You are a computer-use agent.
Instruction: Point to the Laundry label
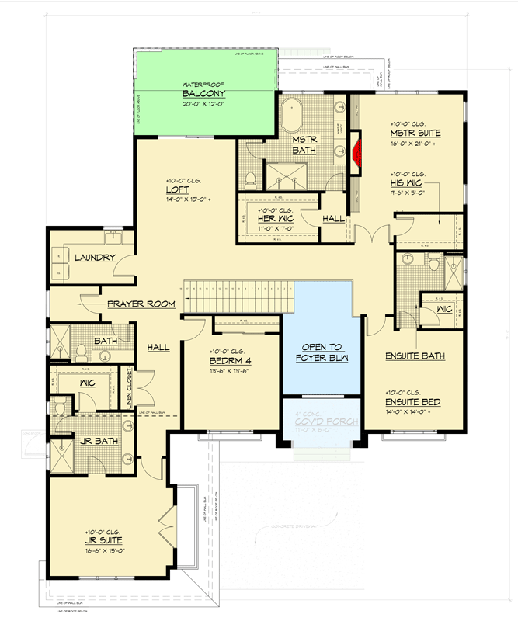point(95,258)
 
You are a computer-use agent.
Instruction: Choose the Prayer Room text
point(141,304)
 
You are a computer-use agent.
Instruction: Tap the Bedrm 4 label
point(228,361)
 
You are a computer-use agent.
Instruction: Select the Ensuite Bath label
point(415,357)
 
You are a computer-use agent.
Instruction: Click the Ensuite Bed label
point(413,402)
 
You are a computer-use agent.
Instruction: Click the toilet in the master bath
point(250,180)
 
